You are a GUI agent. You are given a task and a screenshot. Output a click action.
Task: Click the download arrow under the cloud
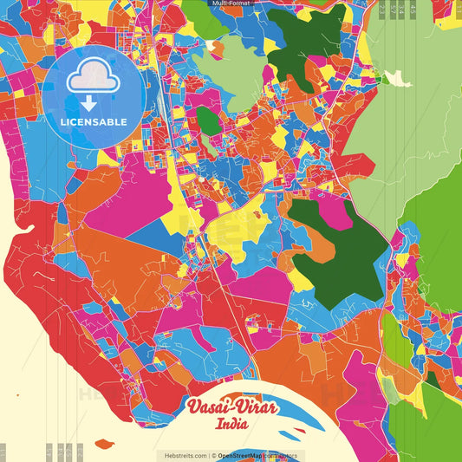point(91,103)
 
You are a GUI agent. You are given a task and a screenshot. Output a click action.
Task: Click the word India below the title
point(231,425)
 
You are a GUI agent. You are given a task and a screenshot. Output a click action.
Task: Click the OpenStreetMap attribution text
point(244,455)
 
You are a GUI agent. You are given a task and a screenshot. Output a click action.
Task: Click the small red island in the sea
point(104,444)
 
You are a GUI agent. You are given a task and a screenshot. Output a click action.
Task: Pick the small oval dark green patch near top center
point(208,120)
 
